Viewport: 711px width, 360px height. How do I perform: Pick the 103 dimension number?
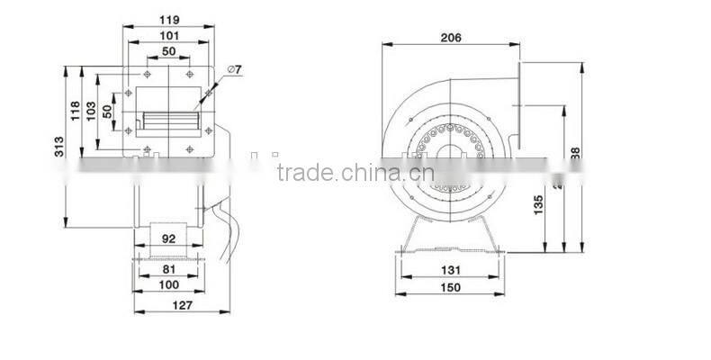91,110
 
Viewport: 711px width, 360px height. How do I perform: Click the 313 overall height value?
58,146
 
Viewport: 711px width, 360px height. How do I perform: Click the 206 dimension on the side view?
451,38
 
